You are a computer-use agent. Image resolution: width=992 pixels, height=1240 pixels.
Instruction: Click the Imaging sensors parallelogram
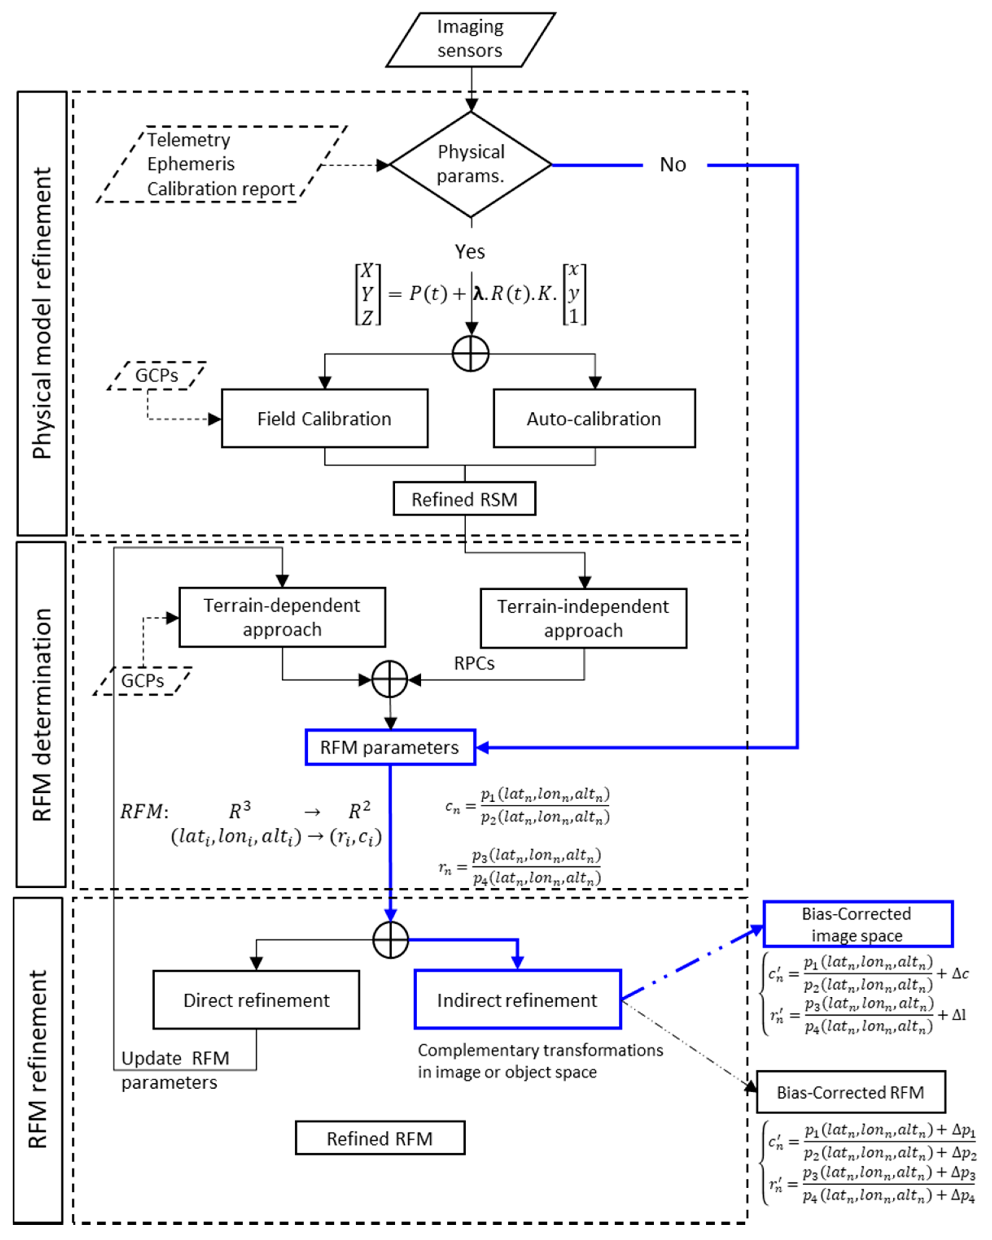tap(470, 39)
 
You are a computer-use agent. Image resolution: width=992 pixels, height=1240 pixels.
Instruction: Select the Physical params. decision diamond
tap(470, 164)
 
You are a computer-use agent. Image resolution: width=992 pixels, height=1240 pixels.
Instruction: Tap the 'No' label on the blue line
tap(673, 165)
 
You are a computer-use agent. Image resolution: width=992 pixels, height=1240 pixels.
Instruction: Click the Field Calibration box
tap(325, 419)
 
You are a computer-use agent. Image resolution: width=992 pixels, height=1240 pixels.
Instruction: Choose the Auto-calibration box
tap(594, 419)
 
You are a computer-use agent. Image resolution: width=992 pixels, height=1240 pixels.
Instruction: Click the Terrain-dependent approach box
tap(282, 617)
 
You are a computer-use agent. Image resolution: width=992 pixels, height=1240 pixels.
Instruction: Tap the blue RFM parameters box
tap(390, 747)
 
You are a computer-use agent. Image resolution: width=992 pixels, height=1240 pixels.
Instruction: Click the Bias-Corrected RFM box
tap(850, 1092)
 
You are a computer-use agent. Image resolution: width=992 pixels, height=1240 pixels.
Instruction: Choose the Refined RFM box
tap(380, 1138)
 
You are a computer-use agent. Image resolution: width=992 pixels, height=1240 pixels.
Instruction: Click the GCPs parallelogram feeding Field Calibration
tap(156, 376)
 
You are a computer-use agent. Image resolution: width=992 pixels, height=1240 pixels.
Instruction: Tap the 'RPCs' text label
tap(474, 663)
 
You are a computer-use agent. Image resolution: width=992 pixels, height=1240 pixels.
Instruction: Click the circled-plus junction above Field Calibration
tap(470, 354)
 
